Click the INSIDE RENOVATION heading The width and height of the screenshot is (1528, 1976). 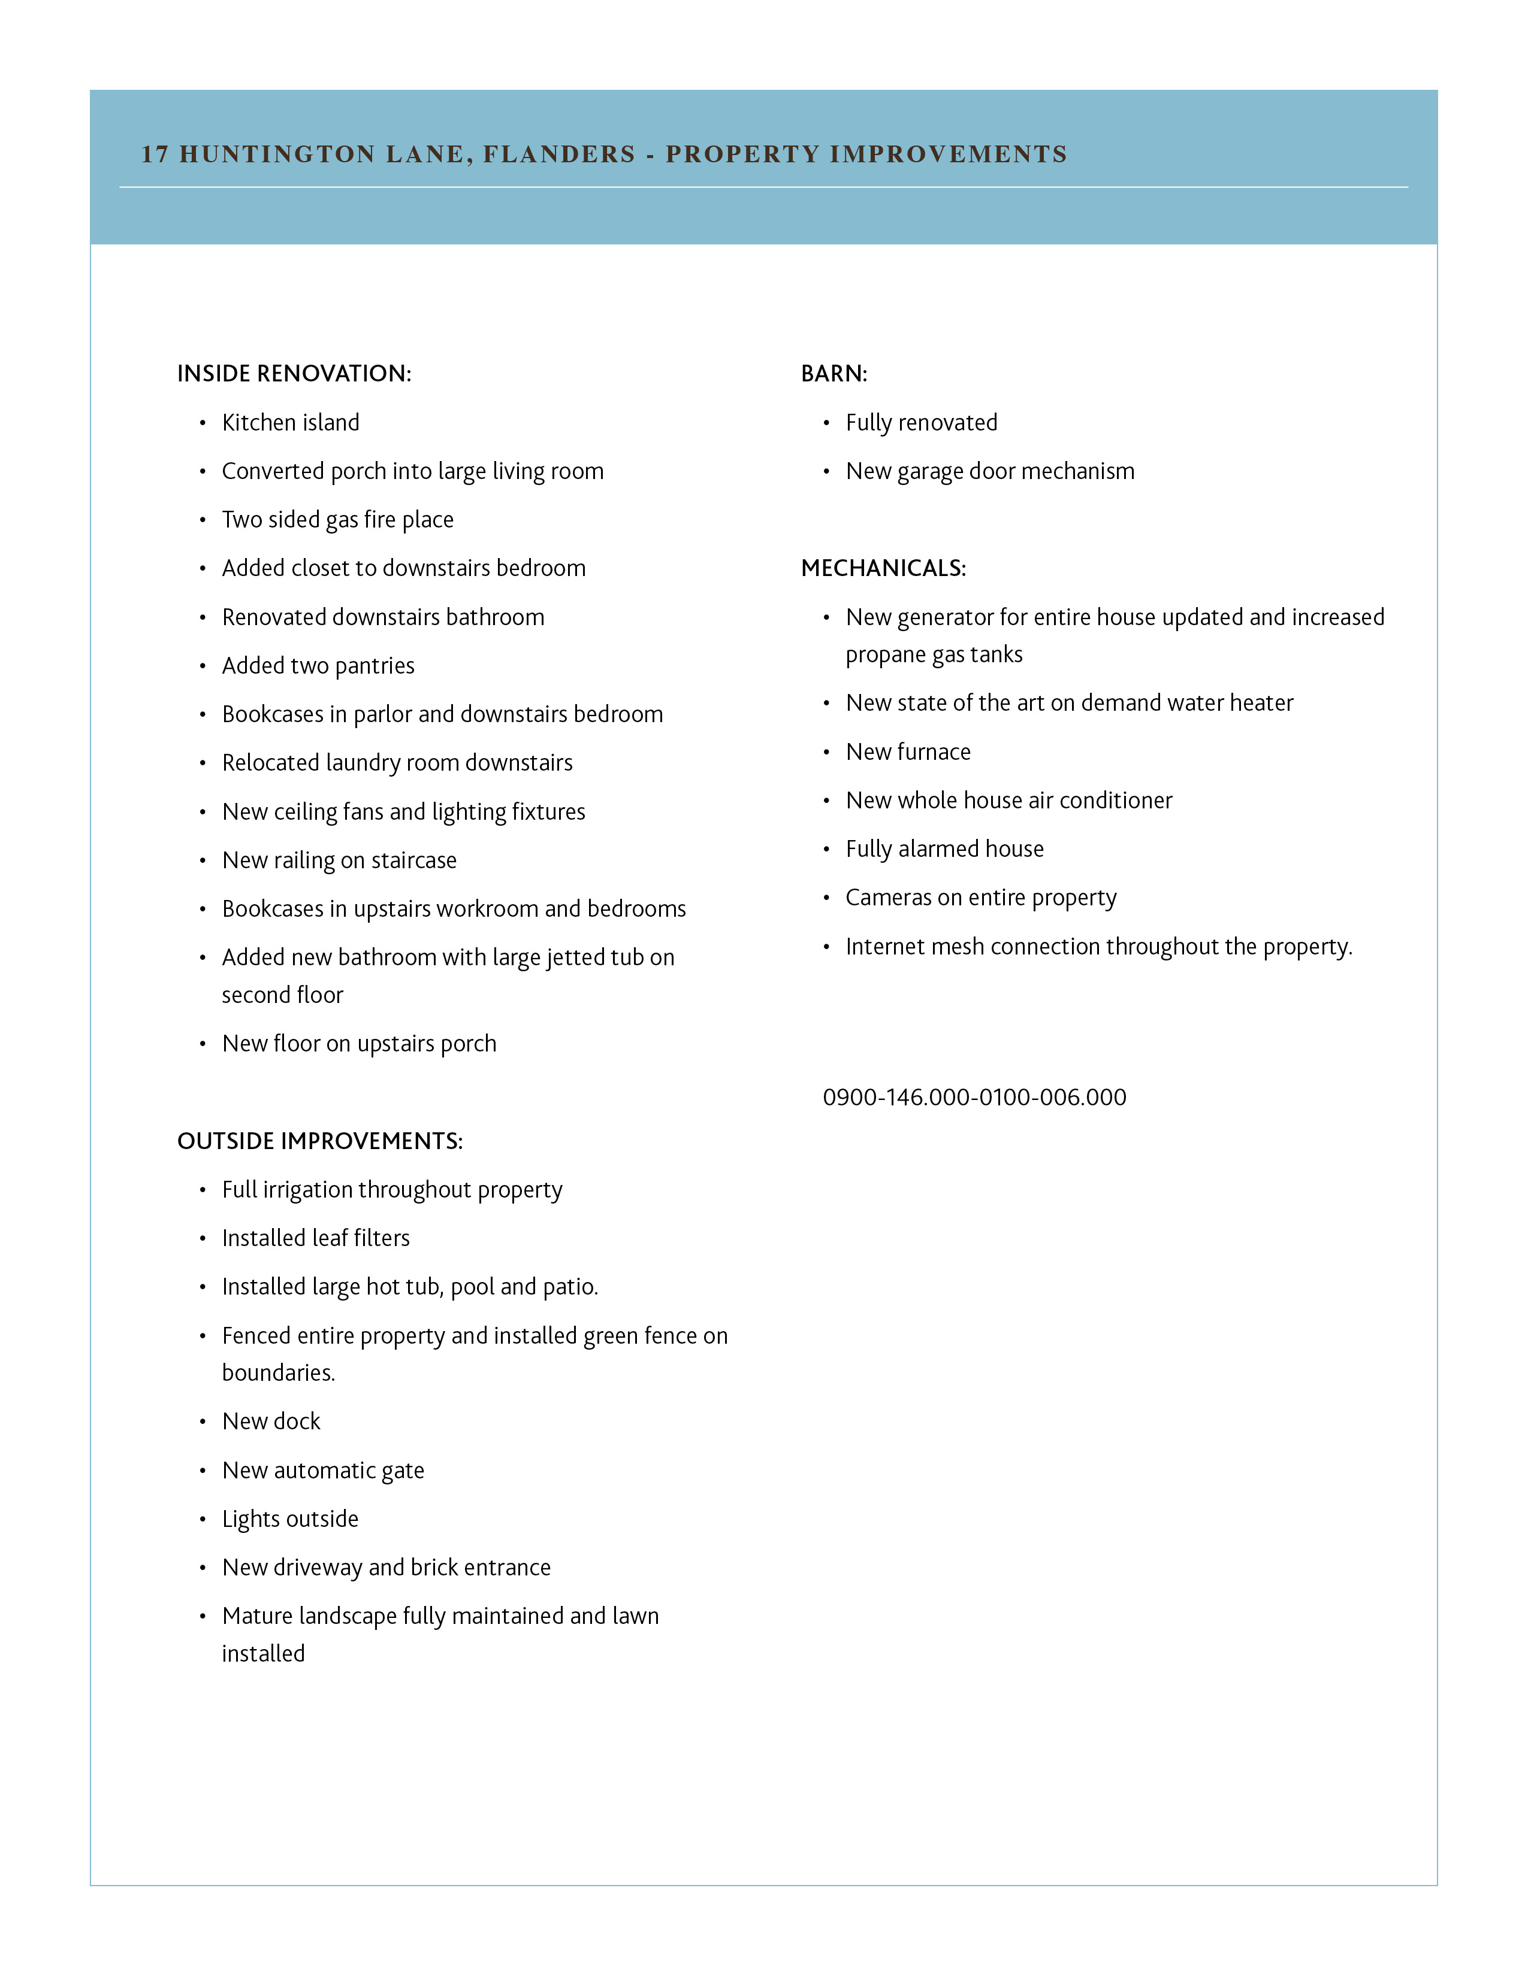coord(294,374)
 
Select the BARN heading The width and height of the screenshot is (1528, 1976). coord(834,374)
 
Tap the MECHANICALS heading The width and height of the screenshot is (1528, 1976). coord(883,568)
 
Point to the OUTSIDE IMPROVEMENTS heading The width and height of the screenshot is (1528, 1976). coord(319,1141)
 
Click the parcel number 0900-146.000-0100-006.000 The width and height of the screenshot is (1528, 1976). coord(974,1098)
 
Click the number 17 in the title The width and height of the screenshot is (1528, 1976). coord(155,154)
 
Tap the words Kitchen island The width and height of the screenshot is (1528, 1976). coord(291,423)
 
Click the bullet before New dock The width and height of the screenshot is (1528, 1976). coord(203,1422)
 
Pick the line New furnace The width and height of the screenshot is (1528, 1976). coord(908,752)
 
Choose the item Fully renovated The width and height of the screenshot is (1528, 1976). coord(922,423)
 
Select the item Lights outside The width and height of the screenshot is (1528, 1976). coord(289,1519)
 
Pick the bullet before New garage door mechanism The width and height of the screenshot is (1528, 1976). coord(826,471)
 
